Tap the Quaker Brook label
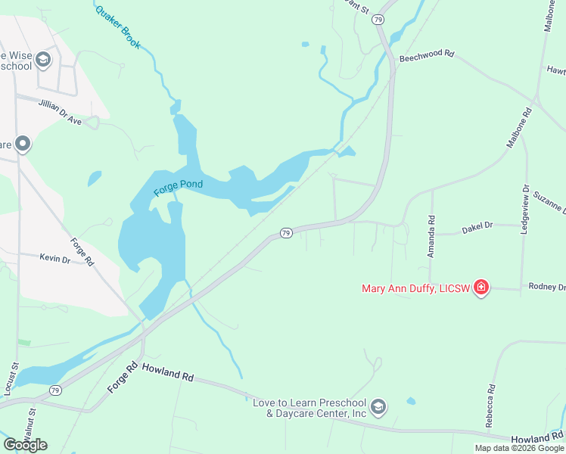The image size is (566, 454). (x=118, y=27)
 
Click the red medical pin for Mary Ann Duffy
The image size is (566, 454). (x=480, y=288)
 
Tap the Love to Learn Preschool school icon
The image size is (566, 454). (x=378, y=407)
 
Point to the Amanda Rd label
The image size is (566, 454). (x=431, y=237)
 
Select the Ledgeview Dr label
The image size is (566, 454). (x=525, y=209)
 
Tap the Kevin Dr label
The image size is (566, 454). (x=54, y=258)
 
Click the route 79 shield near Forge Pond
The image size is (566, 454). (x=286, y=233)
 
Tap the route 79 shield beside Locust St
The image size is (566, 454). (x=54, y=390)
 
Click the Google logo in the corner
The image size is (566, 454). (x=25, y=445)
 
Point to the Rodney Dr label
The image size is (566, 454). (x=547, y=288)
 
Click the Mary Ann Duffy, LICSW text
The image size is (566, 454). (x=415, y=288)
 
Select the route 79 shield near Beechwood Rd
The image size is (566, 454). (x=378, y=20)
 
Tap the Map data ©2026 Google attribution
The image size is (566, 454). (x=519, y=448)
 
